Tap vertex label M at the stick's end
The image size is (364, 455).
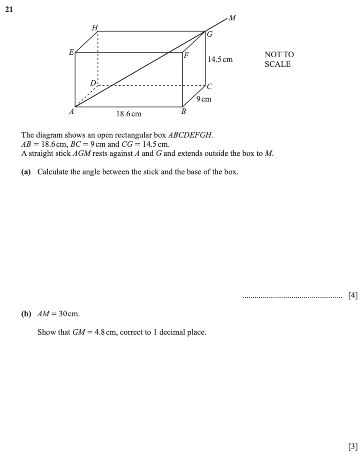tap(232, 18)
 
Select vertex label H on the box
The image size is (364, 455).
tap(94, 28)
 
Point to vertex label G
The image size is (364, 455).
tap(210, 34)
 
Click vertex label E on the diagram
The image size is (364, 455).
tap(71, 52)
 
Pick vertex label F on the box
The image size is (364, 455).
tap(187, 56)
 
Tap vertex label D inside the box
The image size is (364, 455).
tap(93, 83)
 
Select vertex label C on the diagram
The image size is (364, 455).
tap(210, 86)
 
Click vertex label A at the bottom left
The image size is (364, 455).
tap(71, 112)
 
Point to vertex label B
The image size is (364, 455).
tap(183, 112)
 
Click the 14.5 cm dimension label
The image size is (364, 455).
tap(220, 60)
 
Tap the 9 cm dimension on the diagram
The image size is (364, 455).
tap(204, 99)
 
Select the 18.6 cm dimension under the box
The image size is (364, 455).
tap(128, 114)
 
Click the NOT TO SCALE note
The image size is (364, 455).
tap(279, 59)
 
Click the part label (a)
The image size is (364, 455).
tap(26, 172)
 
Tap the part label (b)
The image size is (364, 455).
tap(26, 314)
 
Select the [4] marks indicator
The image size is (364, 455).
tap(353, 295)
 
